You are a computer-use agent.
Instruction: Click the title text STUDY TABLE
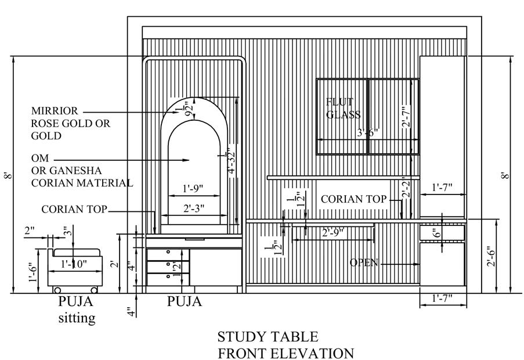click(268, 336)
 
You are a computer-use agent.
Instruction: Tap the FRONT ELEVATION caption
click(286, 353)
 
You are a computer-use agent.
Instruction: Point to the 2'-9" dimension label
click(333, 232)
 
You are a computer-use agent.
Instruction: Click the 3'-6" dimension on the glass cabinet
click(367, 132)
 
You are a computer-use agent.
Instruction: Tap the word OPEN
click(364, 263)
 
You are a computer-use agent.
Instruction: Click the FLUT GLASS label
click(342, 109)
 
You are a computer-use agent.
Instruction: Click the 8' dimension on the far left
click(7, 175)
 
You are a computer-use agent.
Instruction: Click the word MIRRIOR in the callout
click(54, 110)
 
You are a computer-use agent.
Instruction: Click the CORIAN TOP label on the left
click(74, 209)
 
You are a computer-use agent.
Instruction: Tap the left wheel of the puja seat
click(56, 289)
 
